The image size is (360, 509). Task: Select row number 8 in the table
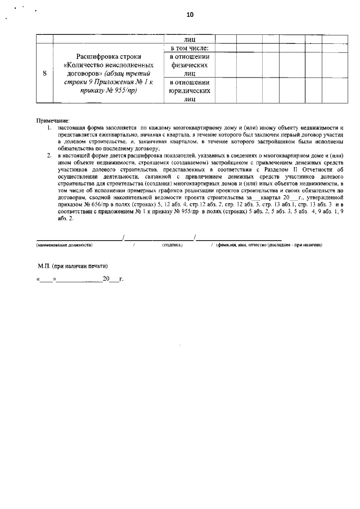click(44, 74)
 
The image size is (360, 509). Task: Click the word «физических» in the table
click(189, 65)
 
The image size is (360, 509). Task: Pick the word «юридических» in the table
click(189, 91)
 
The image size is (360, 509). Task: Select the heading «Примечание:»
click(53, 121)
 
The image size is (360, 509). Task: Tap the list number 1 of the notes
click(49, 128)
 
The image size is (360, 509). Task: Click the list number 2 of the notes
click(49, 155)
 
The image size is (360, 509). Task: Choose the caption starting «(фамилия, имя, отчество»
click(269, 245)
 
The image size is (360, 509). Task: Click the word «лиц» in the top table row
click(189, 40)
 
